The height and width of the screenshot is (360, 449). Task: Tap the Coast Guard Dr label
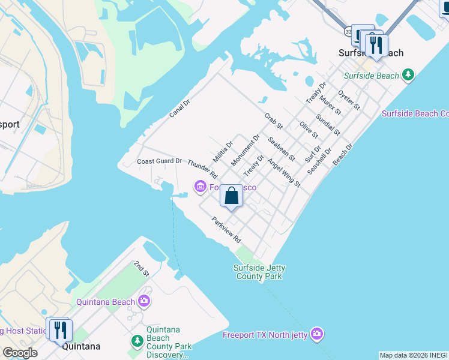click(159, 161)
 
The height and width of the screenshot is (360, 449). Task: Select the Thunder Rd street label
click(202, 169)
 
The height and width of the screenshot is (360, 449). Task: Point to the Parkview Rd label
click(226, 230)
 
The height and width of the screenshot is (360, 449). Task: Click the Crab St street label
click(273, 121)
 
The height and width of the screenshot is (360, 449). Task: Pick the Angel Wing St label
click(284, 172)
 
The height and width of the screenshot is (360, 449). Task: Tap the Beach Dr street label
click(343, 154)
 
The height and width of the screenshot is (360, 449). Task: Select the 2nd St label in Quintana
click(141, 268)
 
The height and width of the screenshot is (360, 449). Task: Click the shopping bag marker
click(231, 196)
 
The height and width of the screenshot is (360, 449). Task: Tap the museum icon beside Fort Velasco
click(200, 188)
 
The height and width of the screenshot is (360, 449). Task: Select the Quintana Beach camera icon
click(144, 301)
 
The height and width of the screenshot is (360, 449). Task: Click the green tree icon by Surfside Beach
click(409, 75)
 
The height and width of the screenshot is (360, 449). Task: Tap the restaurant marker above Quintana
click(61, 330)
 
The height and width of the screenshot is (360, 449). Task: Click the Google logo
click(20, 353)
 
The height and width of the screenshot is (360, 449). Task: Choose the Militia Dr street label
click(223, 152)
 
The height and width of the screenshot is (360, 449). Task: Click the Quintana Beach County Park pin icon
click(137, 341)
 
